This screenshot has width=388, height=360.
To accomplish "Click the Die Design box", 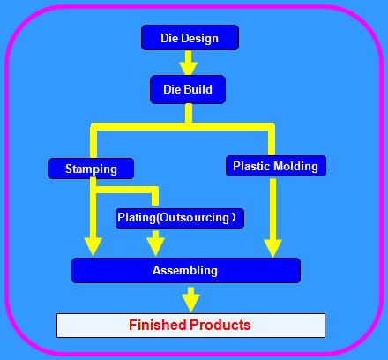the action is [190, 38].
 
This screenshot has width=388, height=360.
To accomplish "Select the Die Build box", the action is [188, 89].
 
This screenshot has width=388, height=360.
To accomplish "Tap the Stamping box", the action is [91, 169].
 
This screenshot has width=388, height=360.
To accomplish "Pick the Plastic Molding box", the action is [276, 166].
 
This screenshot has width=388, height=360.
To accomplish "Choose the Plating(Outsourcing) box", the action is [180, 218].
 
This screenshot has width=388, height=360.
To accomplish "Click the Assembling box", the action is [186, 270].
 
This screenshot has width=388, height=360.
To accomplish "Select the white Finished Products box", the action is [190, 326].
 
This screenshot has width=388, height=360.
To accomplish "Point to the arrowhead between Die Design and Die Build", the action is [189, 69].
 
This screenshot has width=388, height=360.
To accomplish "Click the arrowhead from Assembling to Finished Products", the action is [190, 303].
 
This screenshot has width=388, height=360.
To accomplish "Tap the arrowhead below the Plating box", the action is [155, 246].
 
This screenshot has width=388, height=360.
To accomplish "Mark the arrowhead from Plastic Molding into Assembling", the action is [272, 248].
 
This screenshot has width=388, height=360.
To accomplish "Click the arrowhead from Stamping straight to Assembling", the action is [93, 246].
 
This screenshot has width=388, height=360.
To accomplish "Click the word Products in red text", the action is [220, 325].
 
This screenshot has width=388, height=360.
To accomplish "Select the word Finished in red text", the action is [158, 325].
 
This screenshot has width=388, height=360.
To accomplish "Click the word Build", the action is [198, 89].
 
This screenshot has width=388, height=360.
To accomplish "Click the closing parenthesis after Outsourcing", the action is [234, 218].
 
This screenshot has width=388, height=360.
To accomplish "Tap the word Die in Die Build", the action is [172, 89].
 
